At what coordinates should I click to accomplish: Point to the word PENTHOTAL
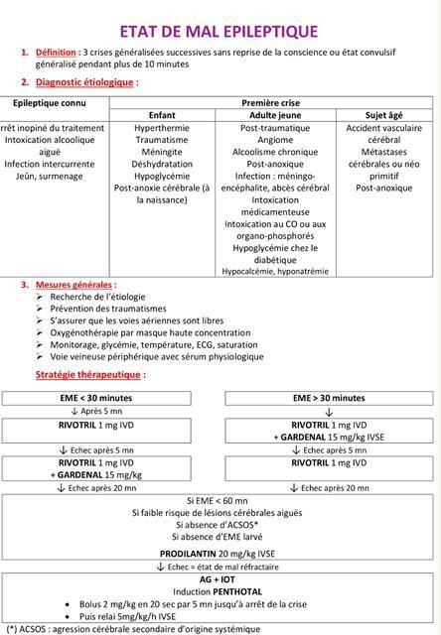point(241,591)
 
